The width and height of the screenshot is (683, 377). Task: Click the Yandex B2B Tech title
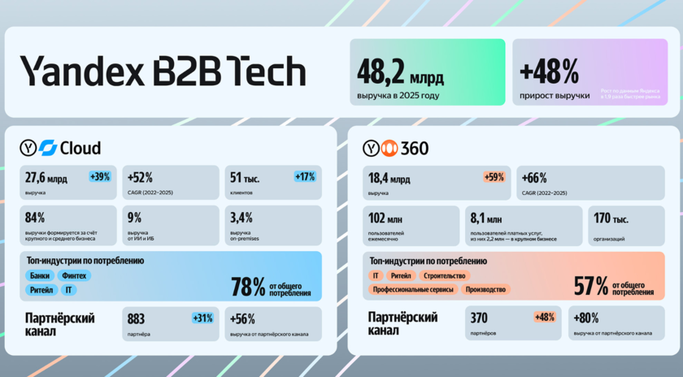coord(163,71)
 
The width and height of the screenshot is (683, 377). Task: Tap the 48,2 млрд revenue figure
coord(401,71)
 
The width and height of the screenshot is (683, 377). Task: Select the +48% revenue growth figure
coord(550,72)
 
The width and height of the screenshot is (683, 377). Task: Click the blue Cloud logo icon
coord(47,148)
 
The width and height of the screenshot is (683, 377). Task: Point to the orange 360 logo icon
coord(390,148)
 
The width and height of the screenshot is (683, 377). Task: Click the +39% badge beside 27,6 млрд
coord(100,176)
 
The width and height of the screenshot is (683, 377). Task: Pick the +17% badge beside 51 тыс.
coord(305,176)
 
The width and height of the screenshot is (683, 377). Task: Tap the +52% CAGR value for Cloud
coord(140,177)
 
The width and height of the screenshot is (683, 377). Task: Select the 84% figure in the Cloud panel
coord(35,218)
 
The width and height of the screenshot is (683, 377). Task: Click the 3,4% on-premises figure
coord(241,218)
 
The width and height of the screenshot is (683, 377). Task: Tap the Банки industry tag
coord(40,275)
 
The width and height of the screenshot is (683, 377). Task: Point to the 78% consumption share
coord(248,286)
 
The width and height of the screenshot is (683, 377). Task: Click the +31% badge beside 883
coord(202,318)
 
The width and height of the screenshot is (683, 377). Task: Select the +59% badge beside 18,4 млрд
coord(494,176)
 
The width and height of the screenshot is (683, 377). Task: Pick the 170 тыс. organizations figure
coord(611,218)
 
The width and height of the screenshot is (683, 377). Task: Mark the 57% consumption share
coord(591,286)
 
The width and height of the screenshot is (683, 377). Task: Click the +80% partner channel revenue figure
coord(587,318)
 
